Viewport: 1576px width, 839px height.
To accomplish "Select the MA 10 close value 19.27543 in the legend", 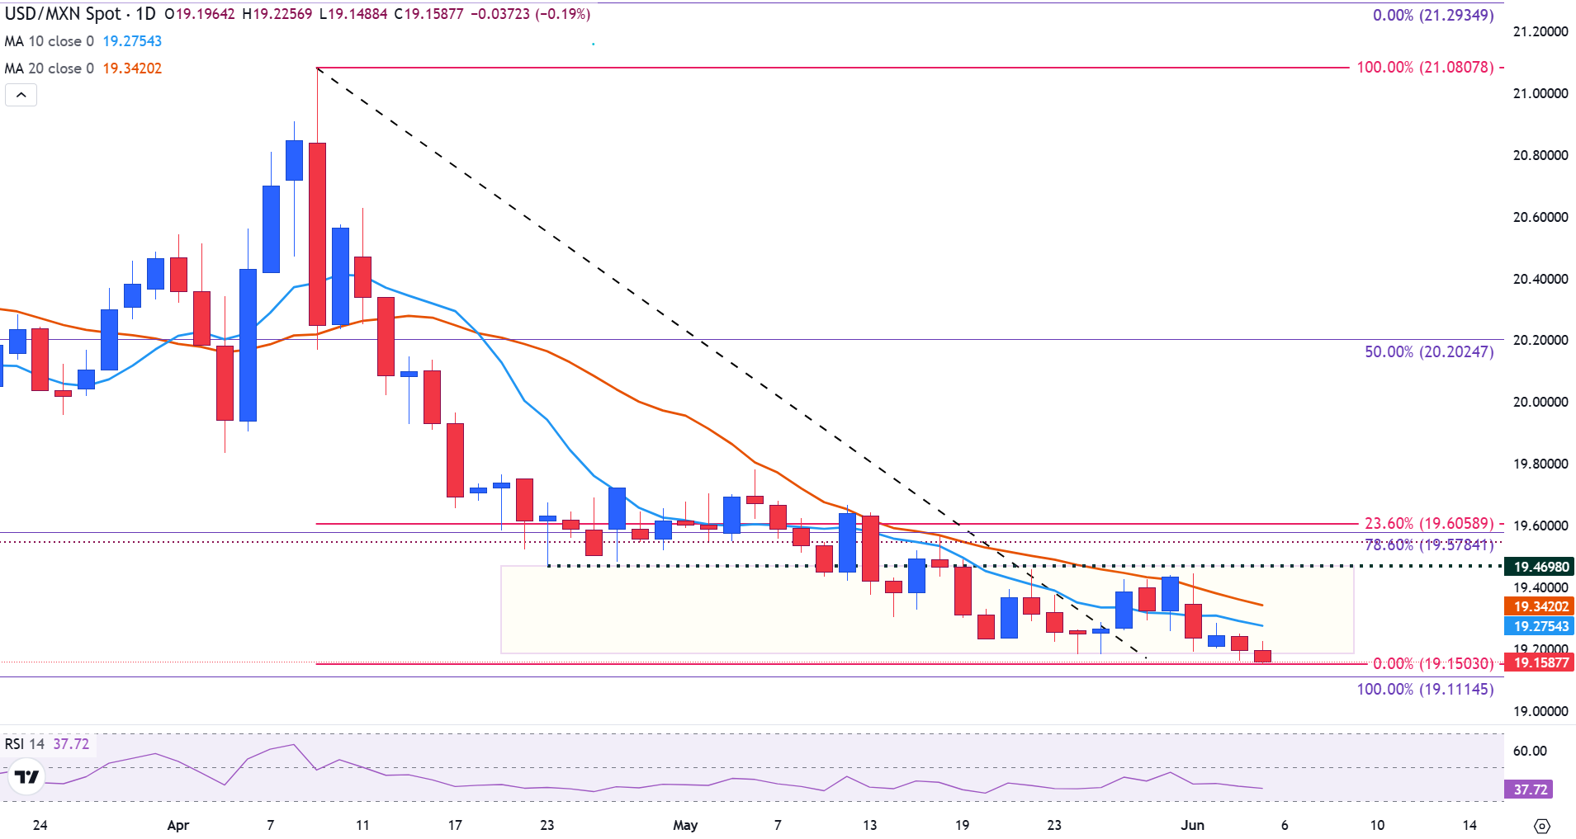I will (x=132, y=41).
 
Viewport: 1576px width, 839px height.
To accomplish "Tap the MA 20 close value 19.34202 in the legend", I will (x=132, y=68).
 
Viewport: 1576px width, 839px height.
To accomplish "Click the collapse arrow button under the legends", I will (x=21, y=95).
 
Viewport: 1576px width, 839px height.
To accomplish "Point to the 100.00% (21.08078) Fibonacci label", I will (x=1425, y=68).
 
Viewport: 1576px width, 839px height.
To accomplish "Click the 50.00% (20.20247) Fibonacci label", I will (x=1429, y=352).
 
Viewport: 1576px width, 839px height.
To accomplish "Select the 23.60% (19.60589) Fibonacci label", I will (x=1429, y=524).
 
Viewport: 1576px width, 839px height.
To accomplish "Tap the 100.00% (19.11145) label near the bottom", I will (x=1425, y=689).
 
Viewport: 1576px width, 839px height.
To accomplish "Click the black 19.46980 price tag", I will (x=1541, y=567).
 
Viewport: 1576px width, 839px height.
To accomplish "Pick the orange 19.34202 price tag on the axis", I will (x=1541, y=606).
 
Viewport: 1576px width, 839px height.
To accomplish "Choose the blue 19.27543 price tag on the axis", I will (x=1541, y=626).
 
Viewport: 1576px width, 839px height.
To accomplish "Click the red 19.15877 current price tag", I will (x=1541, y=662).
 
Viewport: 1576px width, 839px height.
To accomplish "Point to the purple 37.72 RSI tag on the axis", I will (x=1530, y=790).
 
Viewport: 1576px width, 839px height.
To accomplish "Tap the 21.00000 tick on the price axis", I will (x=1540, y=93).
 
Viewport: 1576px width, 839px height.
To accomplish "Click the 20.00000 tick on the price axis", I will (x=1540, y=402).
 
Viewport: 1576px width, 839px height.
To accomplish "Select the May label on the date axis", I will (x=685, y=825).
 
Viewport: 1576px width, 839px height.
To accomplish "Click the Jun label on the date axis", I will (x=1192, y=825).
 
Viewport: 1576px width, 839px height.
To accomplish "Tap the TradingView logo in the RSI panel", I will (x=26, y=777).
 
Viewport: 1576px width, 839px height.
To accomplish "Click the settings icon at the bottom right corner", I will (x=1541, y=826).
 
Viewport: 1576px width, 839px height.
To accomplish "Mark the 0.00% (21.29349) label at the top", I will (x=1433, y=15).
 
